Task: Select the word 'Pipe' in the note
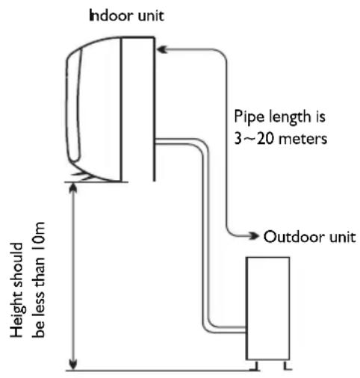[x=248, y=117]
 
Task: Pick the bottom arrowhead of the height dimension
[x=72, y=365]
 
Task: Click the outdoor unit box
[x=267, y=306]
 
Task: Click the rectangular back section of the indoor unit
[x=137, y=105]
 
